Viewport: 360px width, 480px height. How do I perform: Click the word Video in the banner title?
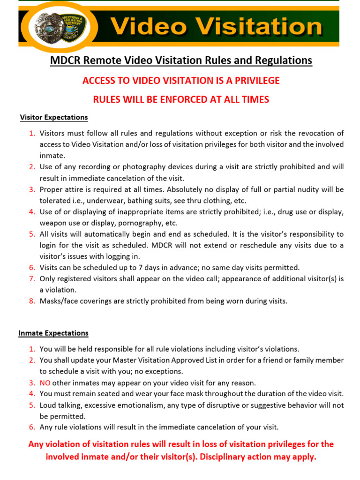[x=149, y=27]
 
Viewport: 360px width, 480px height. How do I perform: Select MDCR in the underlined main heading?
[x=65, y=60]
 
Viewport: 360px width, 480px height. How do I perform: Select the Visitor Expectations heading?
[x=54, y=117]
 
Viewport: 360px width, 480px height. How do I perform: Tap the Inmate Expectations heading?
[x=53, y=333]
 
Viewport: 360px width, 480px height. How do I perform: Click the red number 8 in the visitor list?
[x=32, y=301]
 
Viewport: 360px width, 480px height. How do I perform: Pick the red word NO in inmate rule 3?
[x=45, y=382]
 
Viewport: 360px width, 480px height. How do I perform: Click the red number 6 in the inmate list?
[x=32, y=427]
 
